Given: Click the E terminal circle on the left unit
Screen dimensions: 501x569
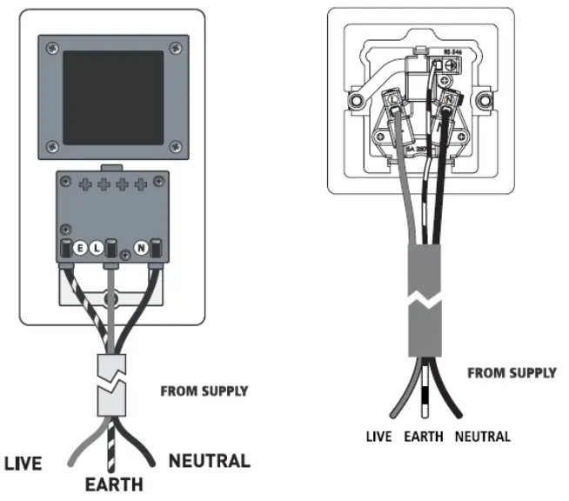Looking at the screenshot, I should point(79,248).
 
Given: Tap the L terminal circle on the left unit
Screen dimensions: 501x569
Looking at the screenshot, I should point(97,248).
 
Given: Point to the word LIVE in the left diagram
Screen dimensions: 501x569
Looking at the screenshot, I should point(24,464).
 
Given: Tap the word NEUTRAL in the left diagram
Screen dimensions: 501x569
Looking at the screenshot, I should point(210,460).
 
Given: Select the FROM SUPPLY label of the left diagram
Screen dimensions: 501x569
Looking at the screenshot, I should point(204,391).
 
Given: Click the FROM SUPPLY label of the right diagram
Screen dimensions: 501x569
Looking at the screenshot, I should point(512,373).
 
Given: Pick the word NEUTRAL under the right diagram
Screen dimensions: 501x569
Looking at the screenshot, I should point(482,436).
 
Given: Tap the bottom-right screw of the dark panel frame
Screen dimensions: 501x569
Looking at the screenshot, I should point(176,144).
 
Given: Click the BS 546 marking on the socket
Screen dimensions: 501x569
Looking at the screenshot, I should point(452,54).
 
